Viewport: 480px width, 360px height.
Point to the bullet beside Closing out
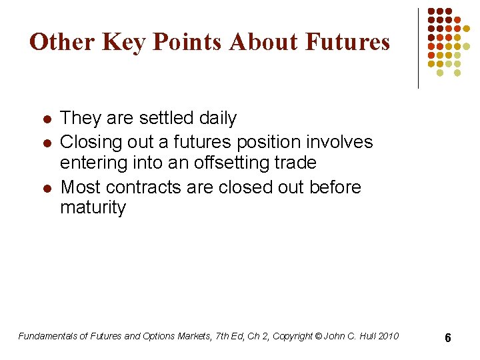(47, 143)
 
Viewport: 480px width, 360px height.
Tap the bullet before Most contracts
(47, 189)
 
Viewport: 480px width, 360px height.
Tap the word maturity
(93, 208)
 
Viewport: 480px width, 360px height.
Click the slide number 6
(448, 338)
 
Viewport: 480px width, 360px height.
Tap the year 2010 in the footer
(387, 336)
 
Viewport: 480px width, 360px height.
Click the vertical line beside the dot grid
(418, 48)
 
